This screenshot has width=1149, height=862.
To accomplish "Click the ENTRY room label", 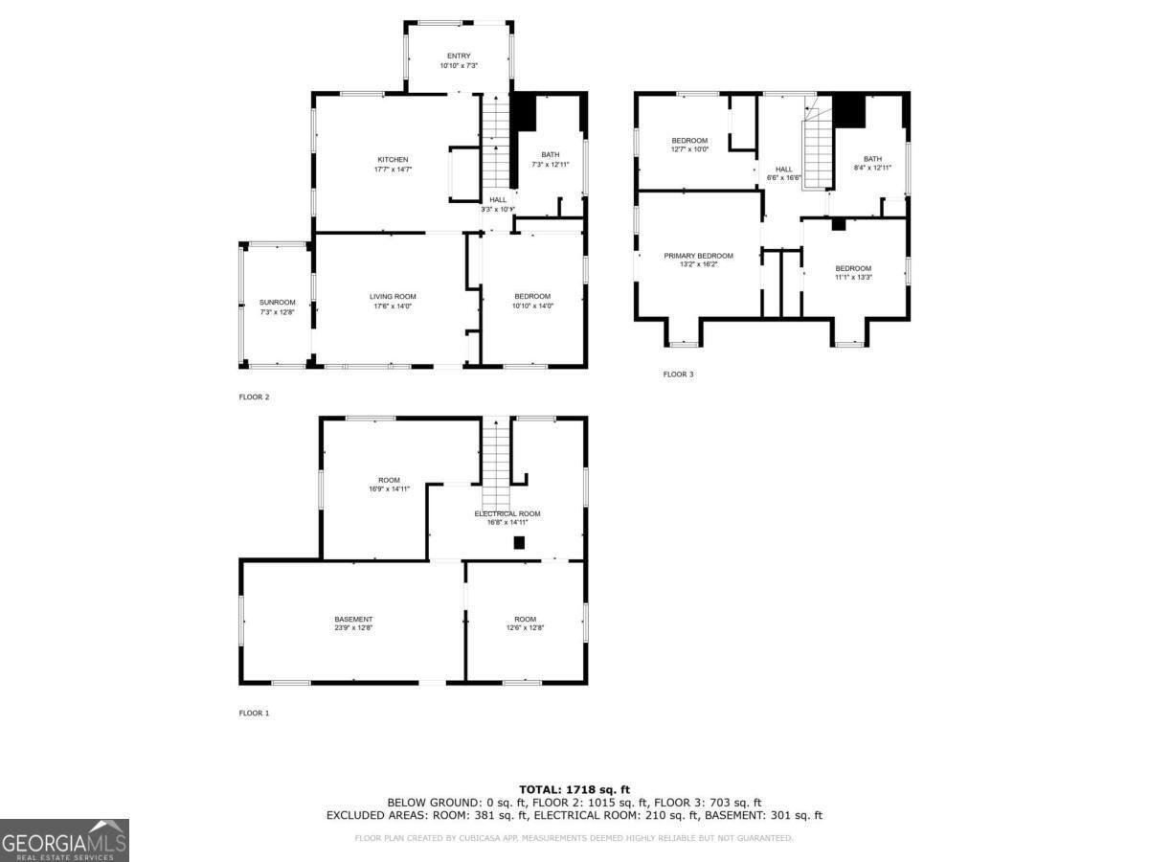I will tap(459, 56).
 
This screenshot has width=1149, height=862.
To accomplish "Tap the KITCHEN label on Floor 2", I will tap(393, 159).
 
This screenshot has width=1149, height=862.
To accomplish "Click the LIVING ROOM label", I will tap(393, 296).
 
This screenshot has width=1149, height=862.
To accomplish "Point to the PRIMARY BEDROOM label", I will tap(699, 256).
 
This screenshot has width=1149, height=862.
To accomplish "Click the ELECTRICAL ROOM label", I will tap(507, 513).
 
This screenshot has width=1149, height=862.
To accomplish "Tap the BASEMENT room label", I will tap(353, 619).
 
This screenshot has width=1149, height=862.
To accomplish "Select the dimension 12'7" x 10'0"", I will tap(689, 149).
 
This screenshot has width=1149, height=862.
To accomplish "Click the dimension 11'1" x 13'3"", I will tap(853, 277).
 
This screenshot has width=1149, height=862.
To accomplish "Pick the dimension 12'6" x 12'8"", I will tap(525, 628).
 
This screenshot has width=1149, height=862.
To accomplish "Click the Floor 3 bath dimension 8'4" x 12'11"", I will tap(872, 168).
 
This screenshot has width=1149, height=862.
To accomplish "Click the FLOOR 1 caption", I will tap(254, 713).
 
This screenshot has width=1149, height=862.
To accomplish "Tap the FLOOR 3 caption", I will tap(678, 374).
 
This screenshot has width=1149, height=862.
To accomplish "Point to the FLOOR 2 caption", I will tap(254, 396).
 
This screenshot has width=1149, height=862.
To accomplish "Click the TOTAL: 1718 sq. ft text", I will tap(574, 788).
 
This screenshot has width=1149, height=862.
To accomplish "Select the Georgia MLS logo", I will tap(64, 840).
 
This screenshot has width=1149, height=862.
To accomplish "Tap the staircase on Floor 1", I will tap(496, 469).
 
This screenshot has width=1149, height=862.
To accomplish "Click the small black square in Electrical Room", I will tap(519, 542).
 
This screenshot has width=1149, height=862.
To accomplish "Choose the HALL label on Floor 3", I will tap(783, 169).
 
